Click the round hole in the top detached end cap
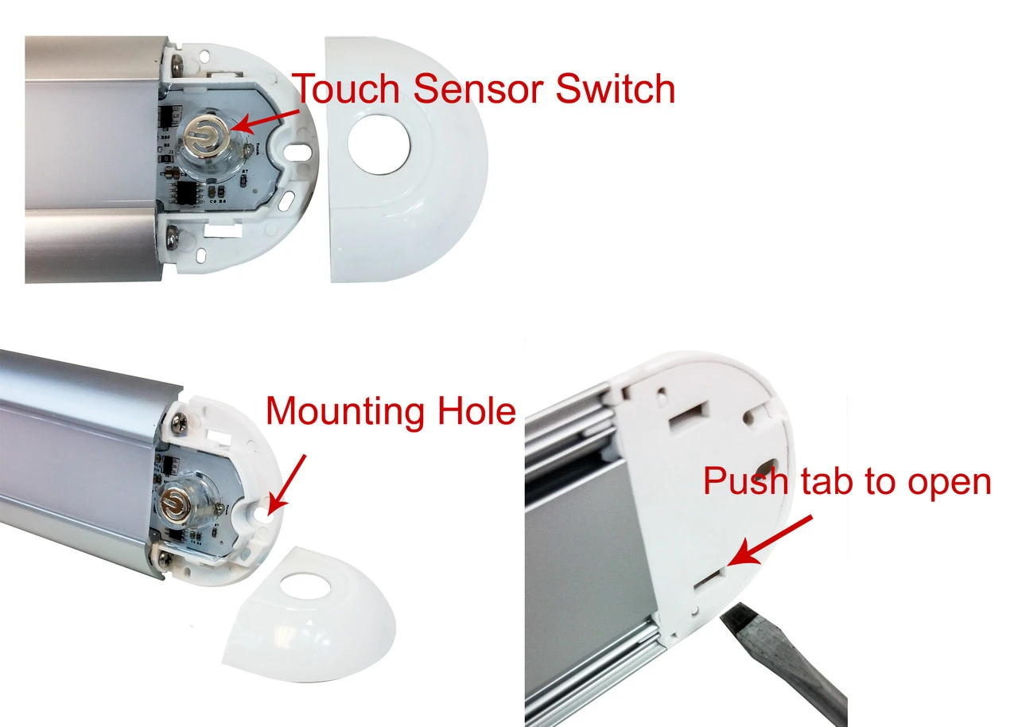pyautogui.click(x=379, y=143)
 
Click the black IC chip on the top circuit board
pyautogui.click(x=190, y=193)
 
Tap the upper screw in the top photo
pyautogui.click(x=177, y=61)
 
